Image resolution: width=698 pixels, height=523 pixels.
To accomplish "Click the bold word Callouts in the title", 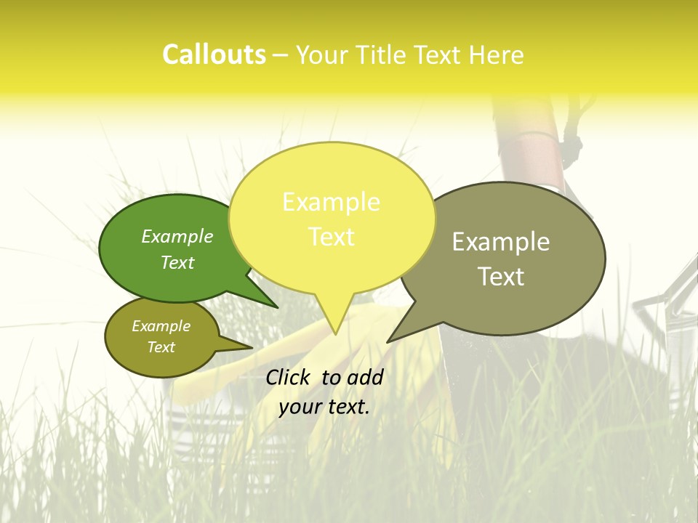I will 214,54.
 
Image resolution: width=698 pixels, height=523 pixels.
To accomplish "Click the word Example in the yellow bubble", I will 331,202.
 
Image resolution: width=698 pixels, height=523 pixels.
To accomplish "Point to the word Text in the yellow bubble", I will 331,236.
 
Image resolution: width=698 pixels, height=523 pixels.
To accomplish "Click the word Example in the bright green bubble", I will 177,236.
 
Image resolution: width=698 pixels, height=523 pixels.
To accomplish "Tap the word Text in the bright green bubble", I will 177,262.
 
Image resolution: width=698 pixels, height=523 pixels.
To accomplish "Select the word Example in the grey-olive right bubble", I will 501,242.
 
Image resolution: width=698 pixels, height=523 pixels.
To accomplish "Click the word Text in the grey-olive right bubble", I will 501,276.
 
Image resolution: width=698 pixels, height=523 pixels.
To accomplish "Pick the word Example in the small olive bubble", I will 161,326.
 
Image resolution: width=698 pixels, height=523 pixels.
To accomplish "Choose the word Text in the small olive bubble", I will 161,347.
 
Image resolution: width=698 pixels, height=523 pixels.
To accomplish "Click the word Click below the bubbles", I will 289,377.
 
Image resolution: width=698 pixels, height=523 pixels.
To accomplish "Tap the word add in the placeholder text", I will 366,377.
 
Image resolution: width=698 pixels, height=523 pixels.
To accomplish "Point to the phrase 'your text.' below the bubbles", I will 324,407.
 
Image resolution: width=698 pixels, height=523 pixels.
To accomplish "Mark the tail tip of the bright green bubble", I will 277,307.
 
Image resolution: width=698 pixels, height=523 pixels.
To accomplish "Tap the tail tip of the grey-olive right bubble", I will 388,341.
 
